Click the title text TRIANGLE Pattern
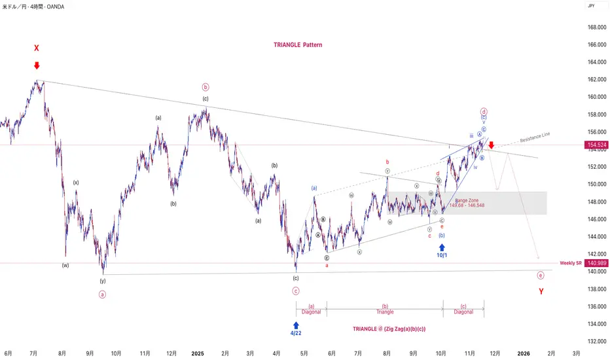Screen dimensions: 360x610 point(298,45)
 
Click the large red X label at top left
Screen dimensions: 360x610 point(37,48)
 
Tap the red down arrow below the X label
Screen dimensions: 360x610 point(37,65)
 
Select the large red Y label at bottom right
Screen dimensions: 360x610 point(541,291)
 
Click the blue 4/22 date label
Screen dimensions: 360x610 point(296,333)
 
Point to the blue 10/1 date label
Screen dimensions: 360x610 point(442,255)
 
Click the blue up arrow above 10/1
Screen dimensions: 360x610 point(442,247)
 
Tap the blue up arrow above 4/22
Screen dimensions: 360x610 point(296,324)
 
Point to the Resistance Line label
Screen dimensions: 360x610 point(535,137)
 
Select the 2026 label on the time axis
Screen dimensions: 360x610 point(523,353)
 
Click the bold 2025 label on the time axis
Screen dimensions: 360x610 point(198,353)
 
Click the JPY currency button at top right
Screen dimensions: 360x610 point(591,6)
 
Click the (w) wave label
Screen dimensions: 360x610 point(65,265)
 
